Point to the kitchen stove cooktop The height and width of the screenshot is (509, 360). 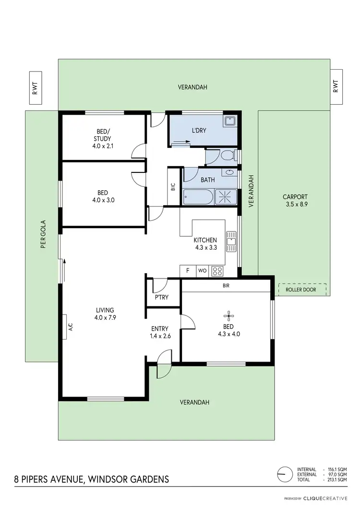point(217,271)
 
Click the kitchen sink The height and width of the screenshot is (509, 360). point(231,241)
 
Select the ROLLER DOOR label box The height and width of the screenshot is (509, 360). point(302,290)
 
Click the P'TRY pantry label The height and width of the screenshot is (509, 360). point(161,298)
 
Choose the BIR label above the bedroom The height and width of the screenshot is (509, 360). point(226,285)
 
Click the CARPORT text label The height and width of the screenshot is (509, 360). point(295,196)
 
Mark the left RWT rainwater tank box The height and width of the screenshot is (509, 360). point(35,89)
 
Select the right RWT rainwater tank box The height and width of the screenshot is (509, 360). point(336,86)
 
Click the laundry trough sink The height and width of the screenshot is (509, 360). point(230,121)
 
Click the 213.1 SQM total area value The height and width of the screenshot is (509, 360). point(337,480)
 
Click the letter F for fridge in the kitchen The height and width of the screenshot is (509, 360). point(188,271)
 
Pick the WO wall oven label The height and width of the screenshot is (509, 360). point(202,271)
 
